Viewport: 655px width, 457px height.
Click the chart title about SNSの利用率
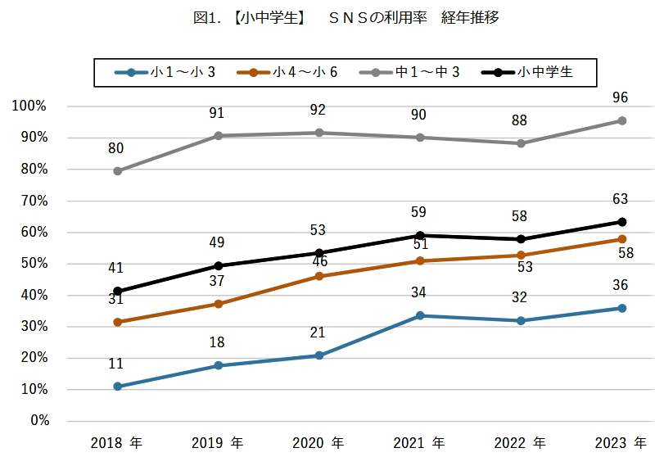coord(327,17)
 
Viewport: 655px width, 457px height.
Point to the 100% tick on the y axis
coord(30,106)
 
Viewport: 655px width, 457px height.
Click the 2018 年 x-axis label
coord(117,443)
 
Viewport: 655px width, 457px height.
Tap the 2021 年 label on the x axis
coord(420,443)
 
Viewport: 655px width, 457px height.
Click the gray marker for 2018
coord(118,171)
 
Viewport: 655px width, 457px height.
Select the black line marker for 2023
coord(621,222)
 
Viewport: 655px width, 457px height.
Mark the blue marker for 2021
coord(420,315)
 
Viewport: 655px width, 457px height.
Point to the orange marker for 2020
coord(319,276)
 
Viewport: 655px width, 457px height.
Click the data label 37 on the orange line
coord(219,281)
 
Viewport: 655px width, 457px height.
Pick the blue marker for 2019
coord(219,365)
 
